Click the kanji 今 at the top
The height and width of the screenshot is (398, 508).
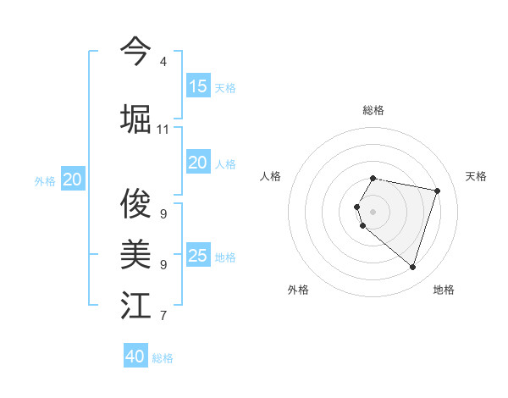[135, 51]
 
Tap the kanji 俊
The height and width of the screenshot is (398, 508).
[135, 203]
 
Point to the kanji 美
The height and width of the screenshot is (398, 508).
[135, 253]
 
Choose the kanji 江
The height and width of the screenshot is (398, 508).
[135, 305]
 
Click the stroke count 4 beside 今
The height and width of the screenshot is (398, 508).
[163, 62]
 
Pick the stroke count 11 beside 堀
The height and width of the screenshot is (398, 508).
[163, 130]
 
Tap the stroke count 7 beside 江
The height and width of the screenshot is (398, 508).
[163, 317]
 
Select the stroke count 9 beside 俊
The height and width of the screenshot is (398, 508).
[163, 214]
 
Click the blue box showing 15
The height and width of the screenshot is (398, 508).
[198, 86]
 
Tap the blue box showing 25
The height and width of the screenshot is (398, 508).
[198, 256]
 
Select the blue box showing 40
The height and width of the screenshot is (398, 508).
[135, 357]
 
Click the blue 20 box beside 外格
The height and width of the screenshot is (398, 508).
[73, 180]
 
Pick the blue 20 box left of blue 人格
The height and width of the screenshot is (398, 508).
[198, 163]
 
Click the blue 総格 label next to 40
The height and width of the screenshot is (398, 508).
[163, 358]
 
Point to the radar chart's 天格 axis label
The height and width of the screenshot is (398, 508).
[477, 176]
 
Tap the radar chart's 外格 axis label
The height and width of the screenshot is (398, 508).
[298, 290]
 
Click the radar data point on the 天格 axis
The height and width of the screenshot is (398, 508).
[437, 191]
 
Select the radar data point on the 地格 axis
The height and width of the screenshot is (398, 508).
[412, 267]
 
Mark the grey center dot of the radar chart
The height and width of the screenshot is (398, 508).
[373, 211]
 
